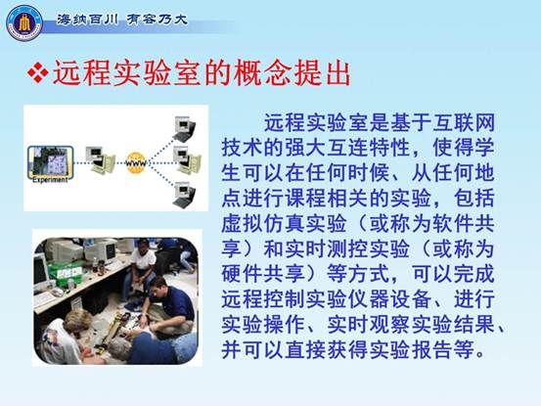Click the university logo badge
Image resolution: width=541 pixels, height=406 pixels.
pos(24,23)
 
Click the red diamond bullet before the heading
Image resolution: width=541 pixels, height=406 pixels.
pos(37,72)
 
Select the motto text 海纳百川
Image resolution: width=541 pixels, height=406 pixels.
pos(88,20)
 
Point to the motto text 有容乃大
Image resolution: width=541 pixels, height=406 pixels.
pos(157,20)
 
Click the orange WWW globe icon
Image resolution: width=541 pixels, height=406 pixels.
pos(136,162)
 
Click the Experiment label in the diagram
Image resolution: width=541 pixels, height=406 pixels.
pos(50,180)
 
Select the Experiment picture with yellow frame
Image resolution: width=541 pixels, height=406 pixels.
pos(51,161)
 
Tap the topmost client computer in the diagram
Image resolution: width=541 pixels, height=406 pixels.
pos(184,129)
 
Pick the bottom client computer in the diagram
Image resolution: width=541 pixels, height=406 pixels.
pos(184,195)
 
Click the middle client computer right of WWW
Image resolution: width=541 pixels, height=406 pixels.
pos(187,160)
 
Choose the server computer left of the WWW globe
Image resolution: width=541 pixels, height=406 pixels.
pos(101,159)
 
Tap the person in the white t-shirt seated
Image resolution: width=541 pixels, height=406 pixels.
pos(142,262)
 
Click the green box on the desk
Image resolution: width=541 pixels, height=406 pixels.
pos(66,270)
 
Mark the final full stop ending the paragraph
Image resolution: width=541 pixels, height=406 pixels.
pos(479,353)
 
